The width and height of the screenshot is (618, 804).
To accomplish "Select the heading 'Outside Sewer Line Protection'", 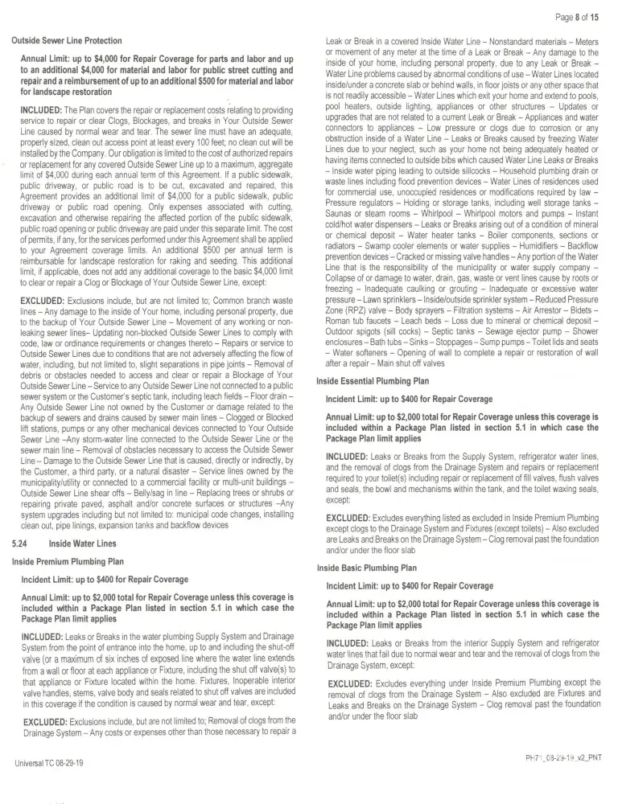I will point(67,41).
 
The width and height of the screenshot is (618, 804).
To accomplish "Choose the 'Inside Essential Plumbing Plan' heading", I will point(373,380).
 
